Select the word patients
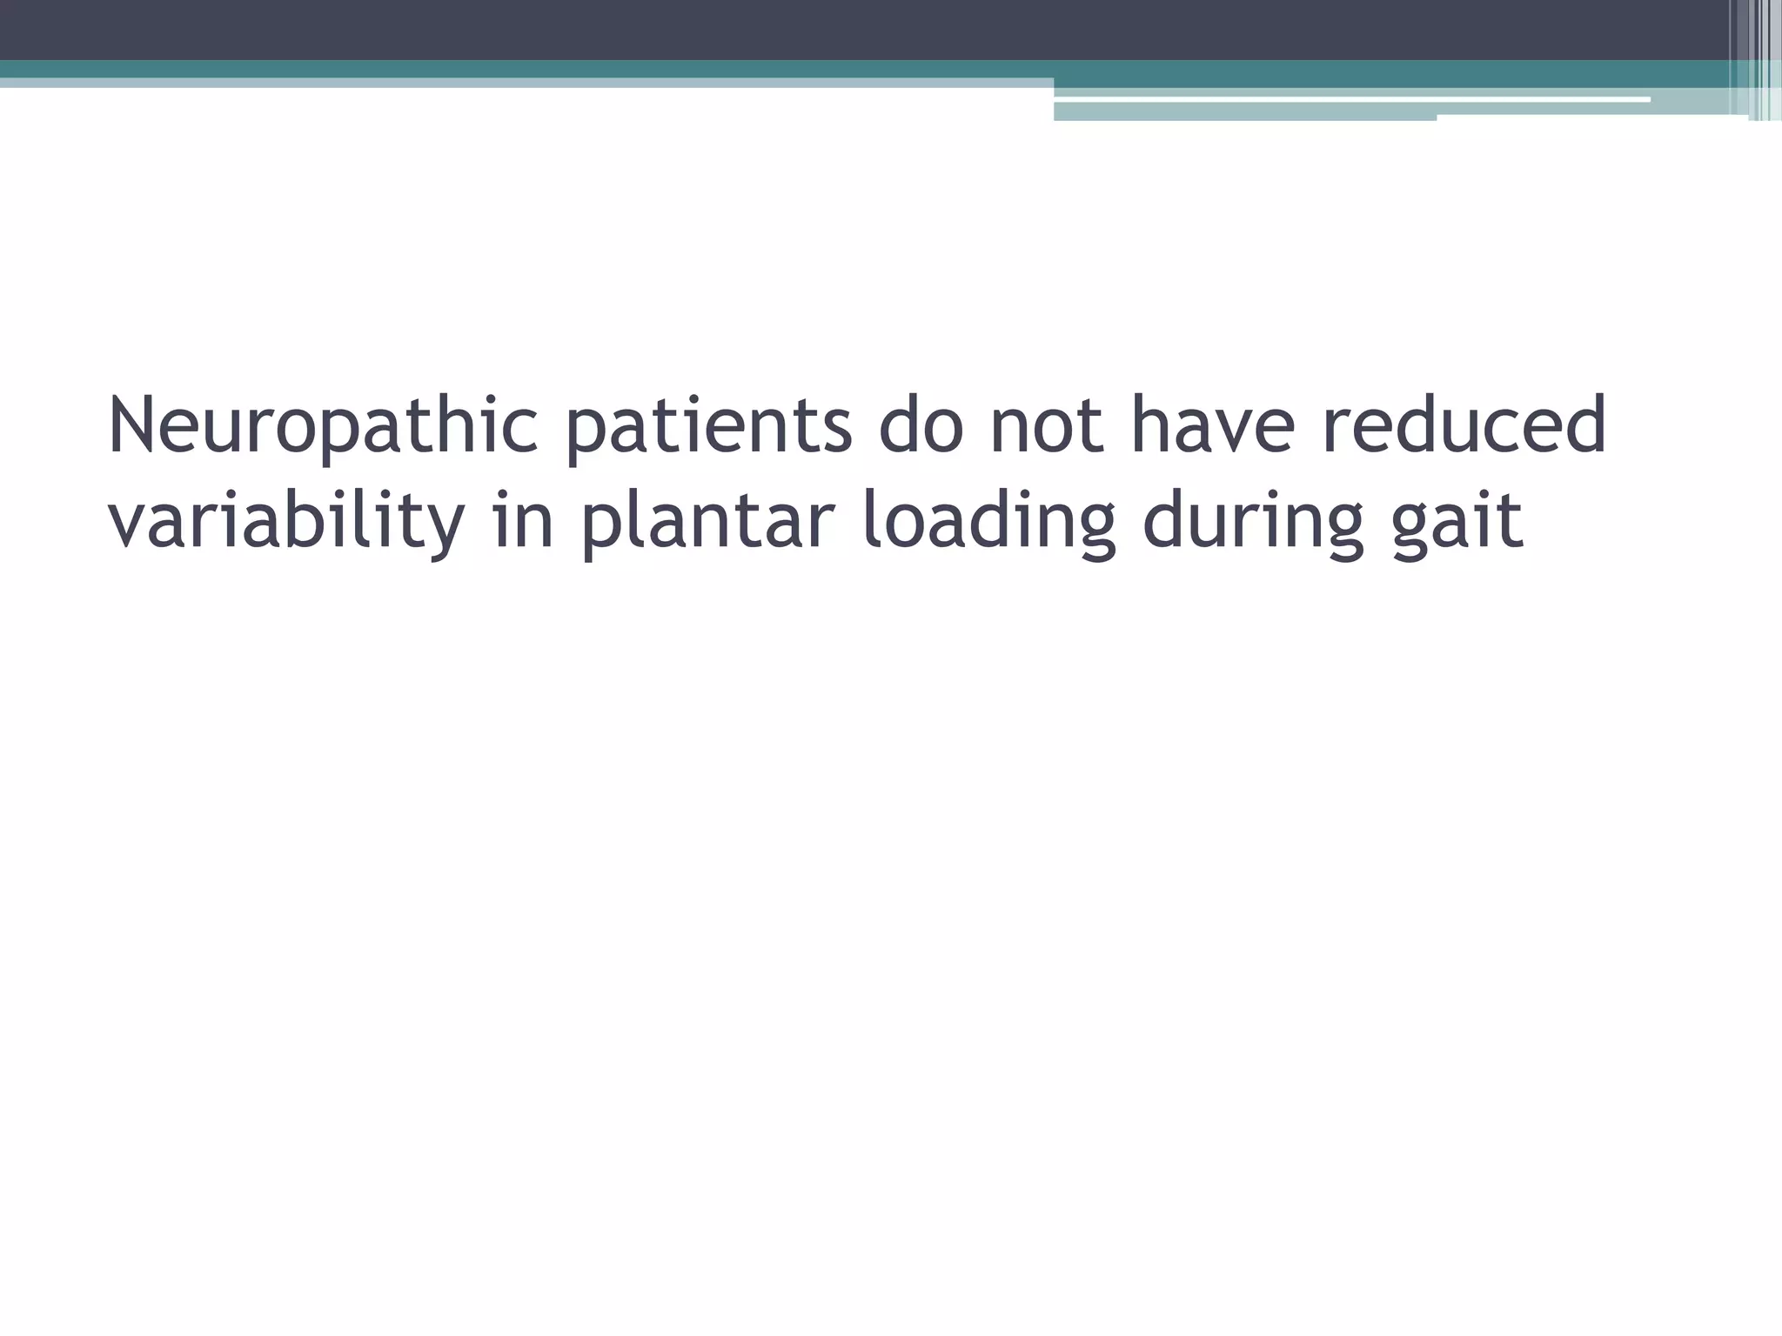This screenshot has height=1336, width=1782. click(709, 427)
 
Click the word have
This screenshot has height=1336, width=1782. click(1214, 425)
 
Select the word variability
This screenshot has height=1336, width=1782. click(286, 522)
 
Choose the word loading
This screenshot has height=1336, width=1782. click(988, 522)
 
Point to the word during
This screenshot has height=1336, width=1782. click(1253, 522)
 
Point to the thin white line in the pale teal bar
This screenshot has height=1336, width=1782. click(1349, 100)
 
